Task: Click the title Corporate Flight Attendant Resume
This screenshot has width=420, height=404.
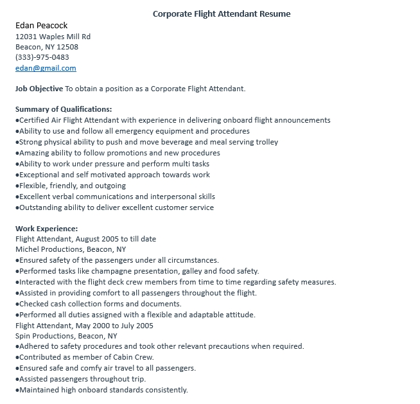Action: (x=222, y=13)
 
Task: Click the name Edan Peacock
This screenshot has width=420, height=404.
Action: (x=41, y=26)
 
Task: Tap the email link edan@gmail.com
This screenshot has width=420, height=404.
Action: (x=46, y=68)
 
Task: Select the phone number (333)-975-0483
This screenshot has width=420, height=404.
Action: (x=42, y=57)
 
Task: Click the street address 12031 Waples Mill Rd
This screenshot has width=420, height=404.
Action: (x=53, y=37)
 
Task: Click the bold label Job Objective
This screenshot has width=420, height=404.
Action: (x=39, y=89)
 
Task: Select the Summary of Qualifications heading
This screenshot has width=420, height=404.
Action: (x=64, y=109)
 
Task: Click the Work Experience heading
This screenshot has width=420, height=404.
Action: (x=47, y=228)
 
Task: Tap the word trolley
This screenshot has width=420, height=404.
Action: (x=266, y=142)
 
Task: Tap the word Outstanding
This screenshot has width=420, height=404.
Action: (x=41, y=207)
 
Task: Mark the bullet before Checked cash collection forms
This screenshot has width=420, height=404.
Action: (x=17, y=304)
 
